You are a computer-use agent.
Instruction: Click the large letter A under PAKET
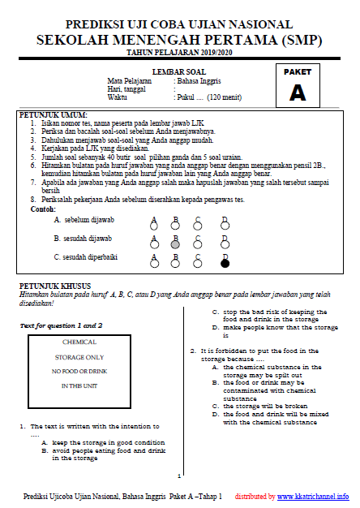pos(298,93)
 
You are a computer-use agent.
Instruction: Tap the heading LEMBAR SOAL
pos(179,72)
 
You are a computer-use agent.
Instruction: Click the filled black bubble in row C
pos(225,264)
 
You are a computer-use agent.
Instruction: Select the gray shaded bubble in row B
pos(175,244)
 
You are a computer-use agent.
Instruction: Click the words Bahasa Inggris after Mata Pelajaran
pos(199,81)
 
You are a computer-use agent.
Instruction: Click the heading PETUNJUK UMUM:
pos(53,115)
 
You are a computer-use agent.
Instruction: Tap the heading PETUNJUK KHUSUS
pos(55,286)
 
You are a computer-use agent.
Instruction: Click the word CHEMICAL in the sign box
pos(79,342)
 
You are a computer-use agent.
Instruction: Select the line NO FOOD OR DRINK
pos(79,372)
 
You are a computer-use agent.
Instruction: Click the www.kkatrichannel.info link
pos(313,497)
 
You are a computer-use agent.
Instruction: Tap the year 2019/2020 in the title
pos(216,53)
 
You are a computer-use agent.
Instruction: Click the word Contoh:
pos(43,209)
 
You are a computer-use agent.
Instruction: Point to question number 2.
pos(193,351)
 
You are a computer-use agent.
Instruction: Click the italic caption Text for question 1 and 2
pos(61,325)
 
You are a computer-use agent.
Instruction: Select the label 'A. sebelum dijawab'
pos(84,220)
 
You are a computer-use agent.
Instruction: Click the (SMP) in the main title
pos(302,40)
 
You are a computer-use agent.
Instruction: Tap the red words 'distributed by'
pos(255,497)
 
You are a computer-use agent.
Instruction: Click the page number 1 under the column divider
pos(179,476)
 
